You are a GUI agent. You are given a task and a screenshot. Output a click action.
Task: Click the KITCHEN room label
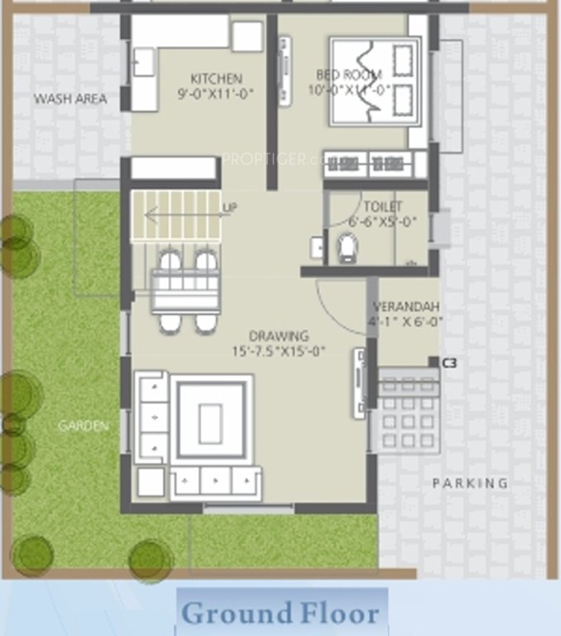click(215, 79)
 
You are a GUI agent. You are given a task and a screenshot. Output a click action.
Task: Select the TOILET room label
click(383, 206)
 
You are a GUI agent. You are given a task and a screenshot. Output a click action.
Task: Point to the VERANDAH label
click(406, 306)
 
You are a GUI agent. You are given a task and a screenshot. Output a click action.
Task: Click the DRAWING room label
click(279, 336)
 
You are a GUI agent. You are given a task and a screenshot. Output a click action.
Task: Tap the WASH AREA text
click(70, 99)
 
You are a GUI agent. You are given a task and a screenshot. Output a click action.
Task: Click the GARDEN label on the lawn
click(83, 426)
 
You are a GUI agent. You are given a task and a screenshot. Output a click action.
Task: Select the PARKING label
click(470, 483)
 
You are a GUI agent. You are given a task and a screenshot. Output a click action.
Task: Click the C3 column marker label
click(450, 363)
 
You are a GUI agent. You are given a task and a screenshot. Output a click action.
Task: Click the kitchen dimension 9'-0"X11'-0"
click(215, 94)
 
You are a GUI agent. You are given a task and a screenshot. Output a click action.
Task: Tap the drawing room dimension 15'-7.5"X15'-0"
click(279, 351)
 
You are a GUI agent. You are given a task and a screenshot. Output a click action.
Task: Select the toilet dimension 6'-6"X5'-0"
click(383, 221)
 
